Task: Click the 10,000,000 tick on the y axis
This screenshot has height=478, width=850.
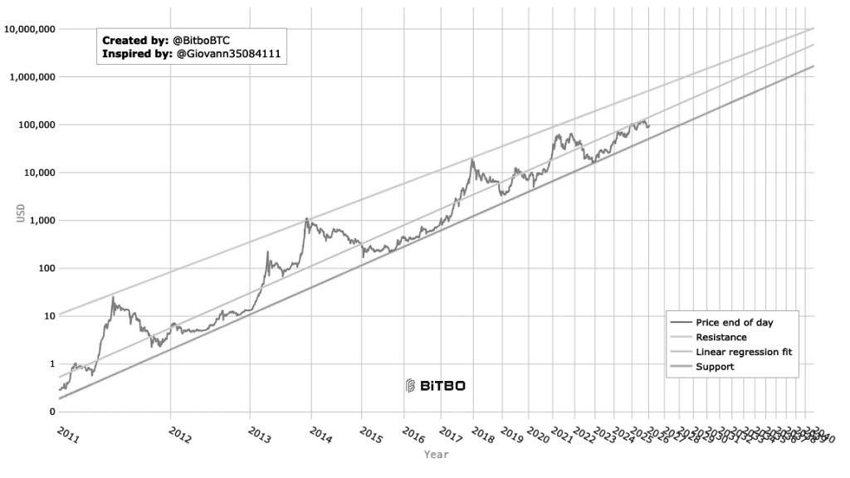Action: [x=29, y=29]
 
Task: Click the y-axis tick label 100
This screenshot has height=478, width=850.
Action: [x=43, y=268]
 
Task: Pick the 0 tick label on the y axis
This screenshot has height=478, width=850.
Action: [x=51, y=412]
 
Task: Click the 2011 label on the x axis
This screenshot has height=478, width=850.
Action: [x=69, y=434]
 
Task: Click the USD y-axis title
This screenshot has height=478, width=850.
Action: [x=21, y=212]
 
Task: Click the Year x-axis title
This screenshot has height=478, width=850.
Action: [x=436, y=455]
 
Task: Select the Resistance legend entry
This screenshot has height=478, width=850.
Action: [x=721, y=337]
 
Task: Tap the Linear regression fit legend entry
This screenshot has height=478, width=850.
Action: [x=744, y=352]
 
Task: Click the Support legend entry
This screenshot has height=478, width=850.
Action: [x=715, y=367]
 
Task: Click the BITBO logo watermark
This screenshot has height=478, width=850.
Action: [x=435, y=385]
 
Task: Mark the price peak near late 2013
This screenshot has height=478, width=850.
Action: [x=306, y=219]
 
